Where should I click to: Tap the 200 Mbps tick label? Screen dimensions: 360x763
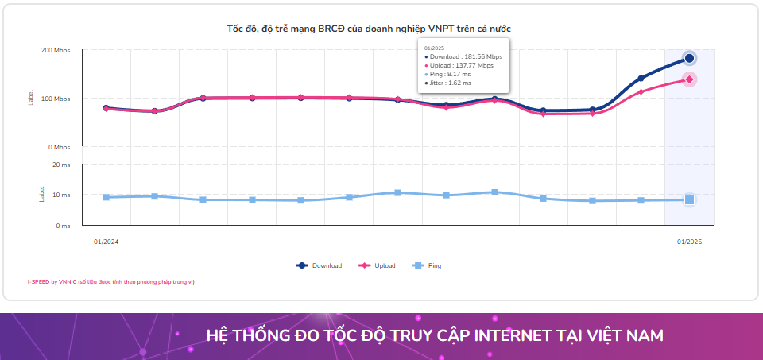56,50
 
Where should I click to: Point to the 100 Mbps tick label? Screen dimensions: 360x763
56,99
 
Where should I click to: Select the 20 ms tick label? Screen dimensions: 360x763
61,165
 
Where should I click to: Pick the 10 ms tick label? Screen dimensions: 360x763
61,195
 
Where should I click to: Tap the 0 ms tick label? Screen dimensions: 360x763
63,226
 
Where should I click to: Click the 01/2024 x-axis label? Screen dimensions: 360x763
106,241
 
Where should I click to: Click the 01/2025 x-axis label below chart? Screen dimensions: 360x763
689,241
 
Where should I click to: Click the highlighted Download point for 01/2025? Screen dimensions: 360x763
689,58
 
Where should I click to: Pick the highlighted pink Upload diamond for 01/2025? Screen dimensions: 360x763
689,79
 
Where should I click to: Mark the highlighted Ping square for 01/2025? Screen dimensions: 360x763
689,200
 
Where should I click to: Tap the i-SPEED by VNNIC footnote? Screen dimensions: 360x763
110,282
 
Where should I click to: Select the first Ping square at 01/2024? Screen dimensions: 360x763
106,197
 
